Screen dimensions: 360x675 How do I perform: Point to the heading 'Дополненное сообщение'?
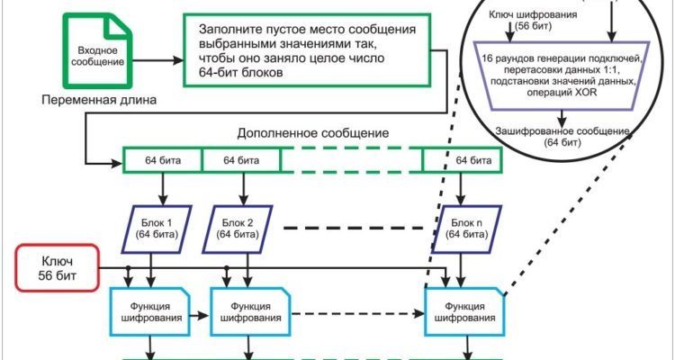tap(312, 132)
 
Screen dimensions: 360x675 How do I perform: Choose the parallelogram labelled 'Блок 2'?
tap(241, 228)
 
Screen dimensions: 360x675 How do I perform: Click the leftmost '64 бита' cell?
tap(162, 160)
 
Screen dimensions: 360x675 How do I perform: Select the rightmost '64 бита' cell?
tap(461, 160)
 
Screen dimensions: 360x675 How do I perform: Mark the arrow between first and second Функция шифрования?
tap(199, 316)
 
